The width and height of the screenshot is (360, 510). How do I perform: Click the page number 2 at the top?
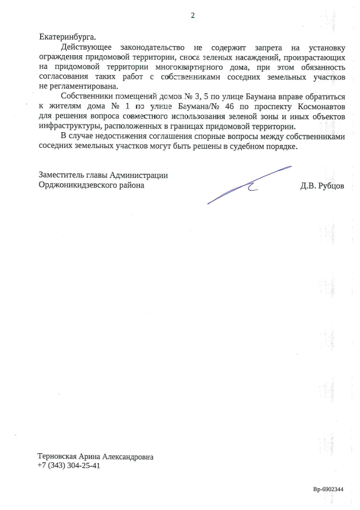(193, 15)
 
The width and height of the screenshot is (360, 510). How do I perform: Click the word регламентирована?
(74, 86)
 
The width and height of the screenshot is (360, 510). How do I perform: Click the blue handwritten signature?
(248, 185)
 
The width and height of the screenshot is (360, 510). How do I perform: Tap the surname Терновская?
(59, 456)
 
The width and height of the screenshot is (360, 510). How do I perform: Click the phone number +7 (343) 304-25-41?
(69, 465)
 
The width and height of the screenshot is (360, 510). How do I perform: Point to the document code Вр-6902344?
(328, 490)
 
